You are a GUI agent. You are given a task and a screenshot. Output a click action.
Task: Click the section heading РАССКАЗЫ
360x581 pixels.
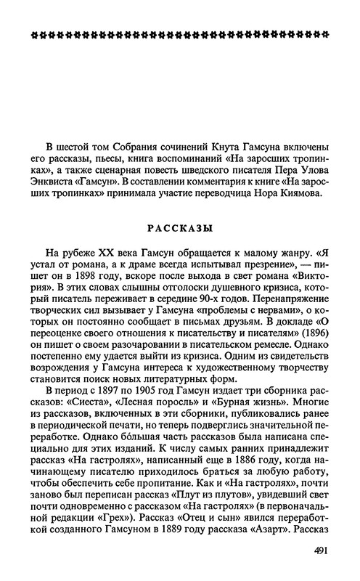click(x=181, y=228)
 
